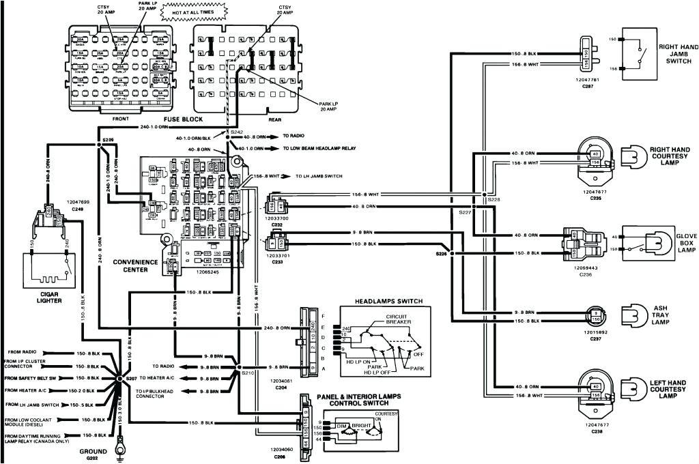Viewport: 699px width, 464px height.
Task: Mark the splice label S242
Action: click(x=236, y=131)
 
